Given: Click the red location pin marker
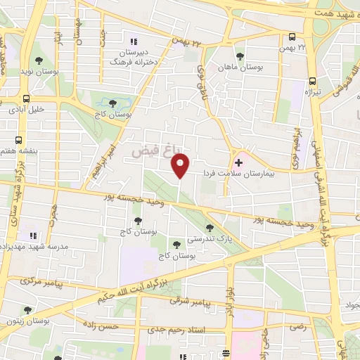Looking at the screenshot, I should [181, 164].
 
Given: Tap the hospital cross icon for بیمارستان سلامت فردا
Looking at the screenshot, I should [239, 162].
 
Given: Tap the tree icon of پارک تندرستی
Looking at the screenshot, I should [210, 227].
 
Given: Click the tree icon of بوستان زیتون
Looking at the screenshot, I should [27, 310].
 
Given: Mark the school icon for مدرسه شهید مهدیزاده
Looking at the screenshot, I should [32, 236].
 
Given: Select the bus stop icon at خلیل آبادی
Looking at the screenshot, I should [26, 98].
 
